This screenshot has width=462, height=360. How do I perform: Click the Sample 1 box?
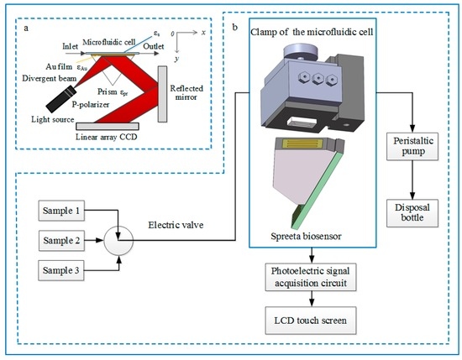click(x=61, y=211)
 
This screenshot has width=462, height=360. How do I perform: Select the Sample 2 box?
click(x=61, y=241)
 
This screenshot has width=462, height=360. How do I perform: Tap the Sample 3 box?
click(x=61, y=270)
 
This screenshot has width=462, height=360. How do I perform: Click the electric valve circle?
click(x=118, y=241)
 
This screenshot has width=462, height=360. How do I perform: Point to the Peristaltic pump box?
click(x=412, y=146)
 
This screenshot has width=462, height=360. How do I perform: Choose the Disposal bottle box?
click(x=412, y=213)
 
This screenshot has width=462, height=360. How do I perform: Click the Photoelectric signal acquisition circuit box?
click(x=311, y=277)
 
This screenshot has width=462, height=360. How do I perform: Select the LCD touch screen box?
click(x=311, y=321)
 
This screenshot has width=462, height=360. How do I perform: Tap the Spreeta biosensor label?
click(x=306, y=236)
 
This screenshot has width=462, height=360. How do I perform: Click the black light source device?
click(x=61, y=99)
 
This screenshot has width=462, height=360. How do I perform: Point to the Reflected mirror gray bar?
click(x=162, y=94)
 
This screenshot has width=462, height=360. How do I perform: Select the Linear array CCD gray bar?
click(x=108, y=126)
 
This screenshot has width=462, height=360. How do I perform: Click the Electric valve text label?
click(x=176, y=225)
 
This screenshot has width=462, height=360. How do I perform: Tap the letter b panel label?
click(x=235, y=28)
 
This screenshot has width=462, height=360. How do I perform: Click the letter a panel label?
click(x=27, y=29)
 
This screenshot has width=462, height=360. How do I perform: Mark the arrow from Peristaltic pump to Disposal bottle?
click(x=412, y=180)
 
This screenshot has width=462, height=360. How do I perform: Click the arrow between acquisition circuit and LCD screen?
click(x=312, y=299)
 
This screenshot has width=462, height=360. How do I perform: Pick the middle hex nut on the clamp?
click(x=318, y=78)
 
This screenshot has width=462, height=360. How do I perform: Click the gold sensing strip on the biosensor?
click(x=303, y=143)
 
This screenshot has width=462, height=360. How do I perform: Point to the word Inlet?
click(x=70, y=46)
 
